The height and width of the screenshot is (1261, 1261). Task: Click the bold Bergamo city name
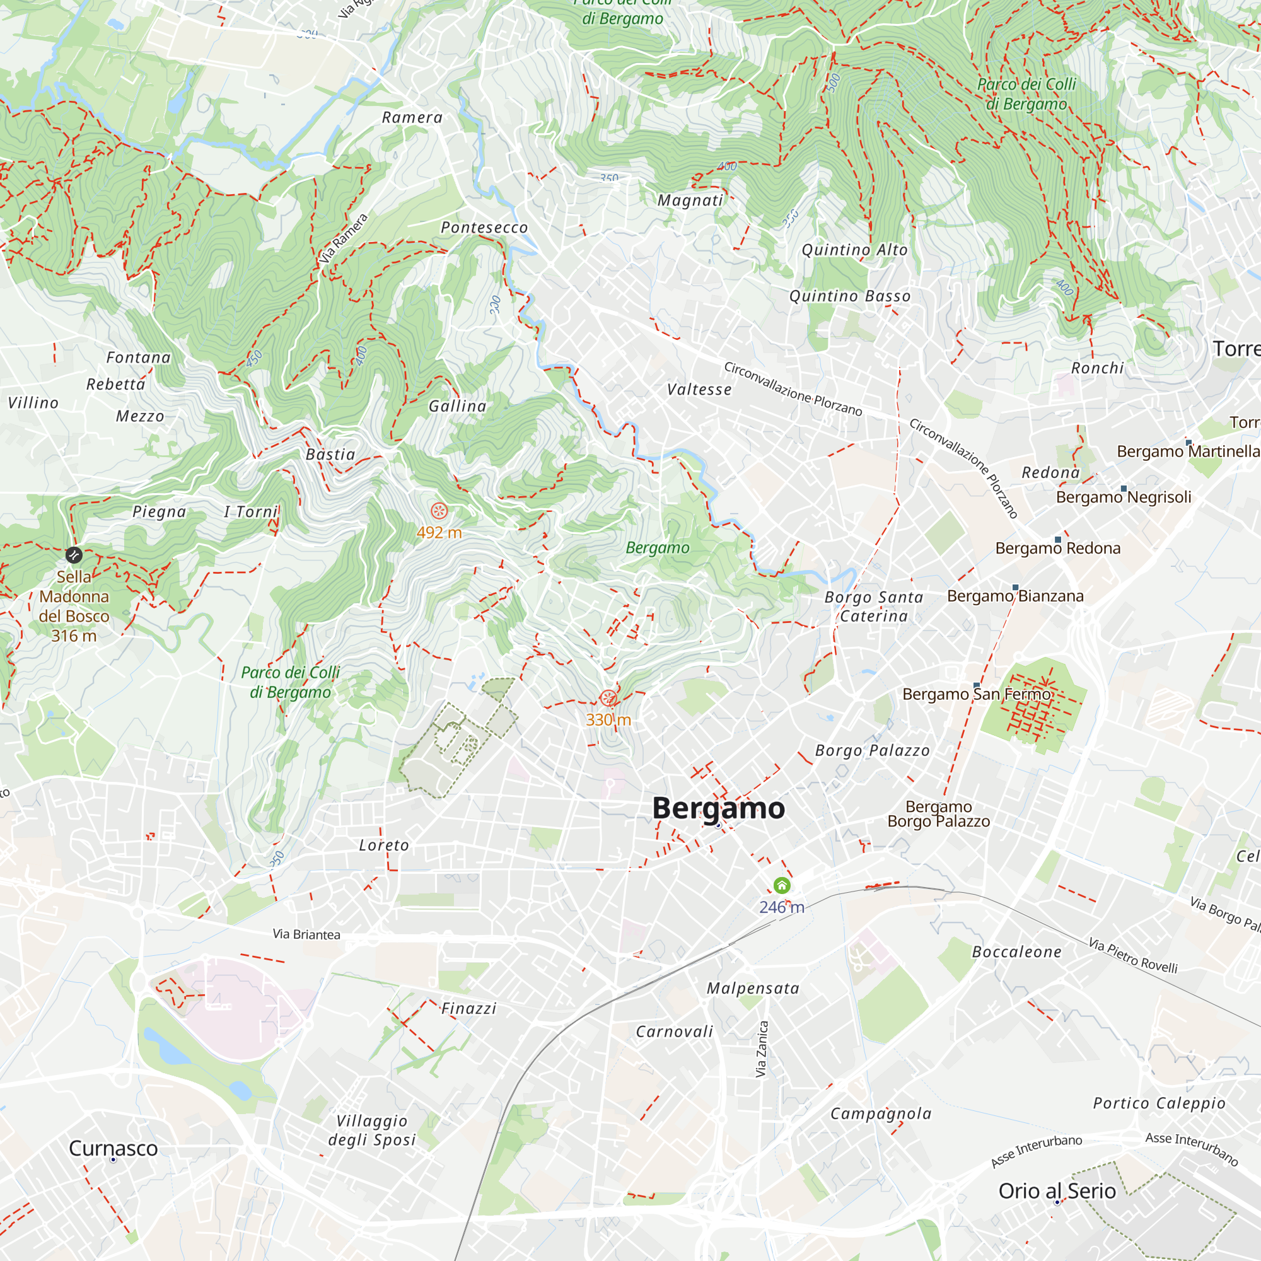pyautogui.click(x=719, y=808)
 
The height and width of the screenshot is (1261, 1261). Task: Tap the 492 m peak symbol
pyautogui.click(x=439, y=511)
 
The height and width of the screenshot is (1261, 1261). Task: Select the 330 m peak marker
pyautogui.click(x=608, y=699)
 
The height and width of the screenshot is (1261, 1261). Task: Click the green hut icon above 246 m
pyautogui.click(x=782, y=885)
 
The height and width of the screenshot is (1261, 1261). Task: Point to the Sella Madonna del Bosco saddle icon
pyautogui.click(x=74, y=555)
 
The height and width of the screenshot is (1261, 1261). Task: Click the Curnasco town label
pyautogui.click(x=113, y=1148)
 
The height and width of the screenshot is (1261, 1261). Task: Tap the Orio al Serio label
pyautogui.click(x=1057, y=1190)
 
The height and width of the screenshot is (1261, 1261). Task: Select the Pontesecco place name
pyautogui.click(x=484, y=228)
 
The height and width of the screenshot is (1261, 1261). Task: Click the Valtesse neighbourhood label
pyautogui.click(x=699, y=390)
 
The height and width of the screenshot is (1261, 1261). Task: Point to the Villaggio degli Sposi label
pyautogui.click(x=371, y=1130)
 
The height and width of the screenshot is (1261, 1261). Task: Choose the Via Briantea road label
pyautogui.click(x=306, y=934)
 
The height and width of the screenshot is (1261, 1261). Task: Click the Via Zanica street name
pyautogui.click(x=761, y=1049)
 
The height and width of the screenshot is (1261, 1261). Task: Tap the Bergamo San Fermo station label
pyautogui.click(x=977, y=694)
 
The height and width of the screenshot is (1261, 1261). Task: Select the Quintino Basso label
pyautogui.click(x=850, y=296)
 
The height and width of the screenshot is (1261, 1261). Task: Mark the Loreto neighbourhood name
pyautogui.click(x=384, y=846)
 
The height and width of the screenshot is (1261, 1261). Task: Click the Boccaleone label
pyautogui.click(x=1017, y=952)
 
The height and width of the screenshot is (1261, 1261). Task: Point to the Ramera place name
pyautogui.click(x=412, y=117)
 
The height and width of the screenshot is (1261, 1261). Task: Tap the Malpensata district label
pyautogui.click(x=753, y=988)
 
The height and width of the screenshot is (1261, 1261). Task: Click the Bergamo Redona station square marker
pyautogui.click(x=1058, y=540)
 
